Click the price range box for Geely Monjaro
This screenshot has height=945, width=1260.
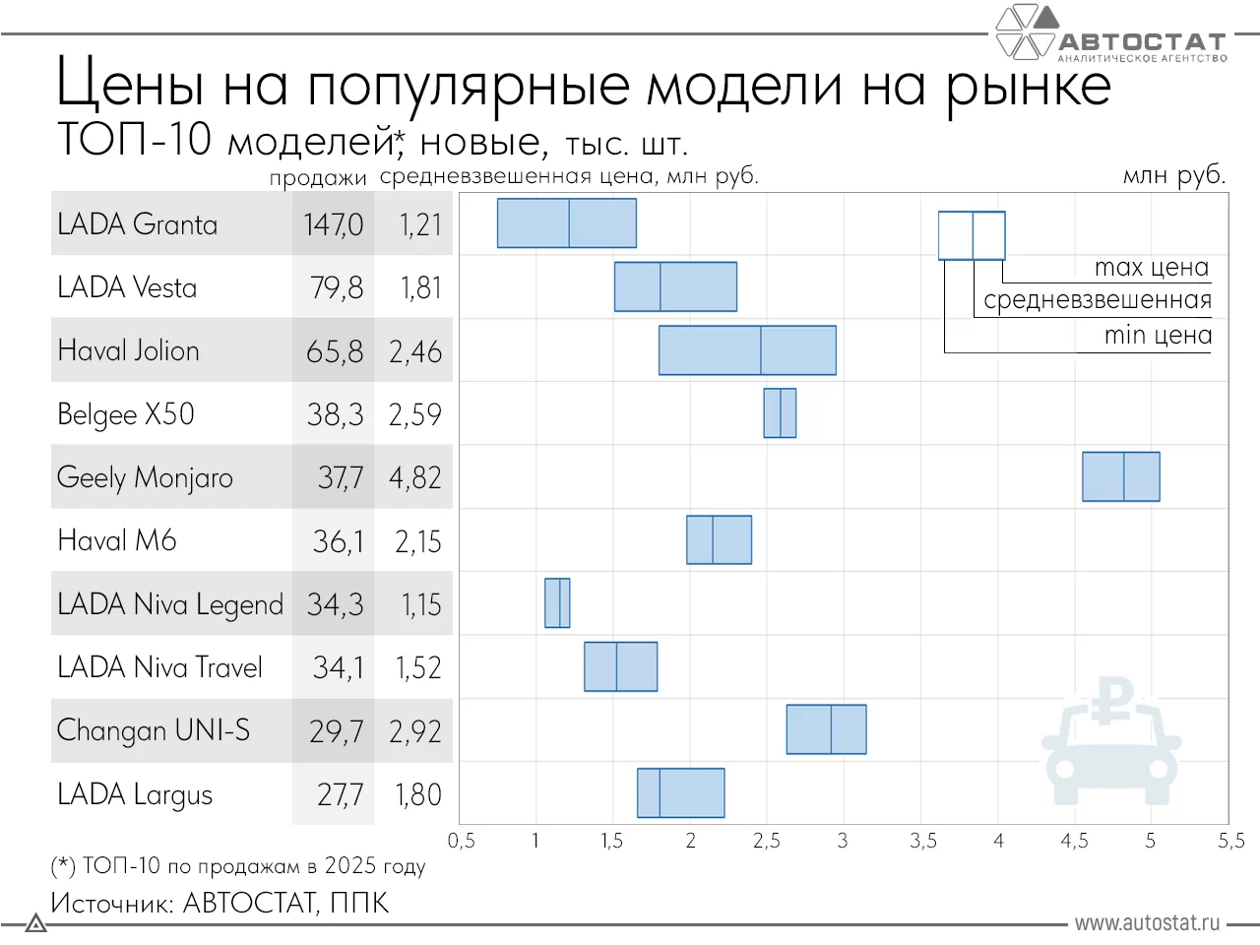pyautogui.click(x=1120, y=476)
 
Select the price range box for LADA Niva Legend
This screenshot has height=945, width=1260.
pyautogui.click(x=557, y=603)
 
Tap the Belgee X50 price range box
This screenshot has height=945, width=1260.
pyautogui.click(x=780, y=413)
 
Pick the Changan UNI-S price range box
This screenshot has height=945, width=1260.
pyautogui.click(x=826, y=729)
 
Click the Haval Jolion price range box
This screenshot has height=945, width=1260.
pyautogui.click(x=747, y=350)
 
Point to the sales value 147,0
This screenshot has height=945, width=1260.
pyautogui.click(x=334, y=224)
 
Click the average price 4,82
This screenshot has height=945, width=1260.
pyautogui.click(x=414, y=477)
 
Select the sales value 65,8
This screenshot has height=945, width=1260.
pyautogui.click(x=335, y=351)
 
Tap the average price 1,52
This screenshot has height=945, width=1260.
pyautogui.click(x=418, y=667)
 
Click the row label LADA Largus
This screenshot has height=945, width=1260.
pyautogui.click(x=135, y=794)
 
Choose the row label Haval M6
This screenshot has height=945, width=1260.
pyautogui.click(x=117, y=540)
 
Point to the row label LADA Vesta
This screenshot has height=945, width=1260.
pyautogui.click(x=127, y=287)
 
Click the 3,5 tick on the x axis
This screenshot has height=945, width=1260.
pyautogui.click(x=922, y=841)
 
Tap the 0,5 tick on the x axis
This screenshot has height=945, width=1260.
pyautogui.click(x=461, y=841)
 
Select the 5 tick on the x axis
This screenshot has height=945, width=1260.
pyautogui.click(x=1150, y=841)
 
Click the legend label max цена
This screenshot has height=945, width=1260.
pyautogui.click(x=1151, y=268)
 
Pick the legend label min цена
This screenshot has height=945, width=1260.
pyautogui.click(x=1158, y=336)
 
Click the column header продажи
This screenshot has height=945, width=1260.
pyautogui.click(x=317, y=178)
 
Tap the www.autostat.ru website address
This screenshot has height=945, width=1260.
pyautogui.click(x=1147, y=922)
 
